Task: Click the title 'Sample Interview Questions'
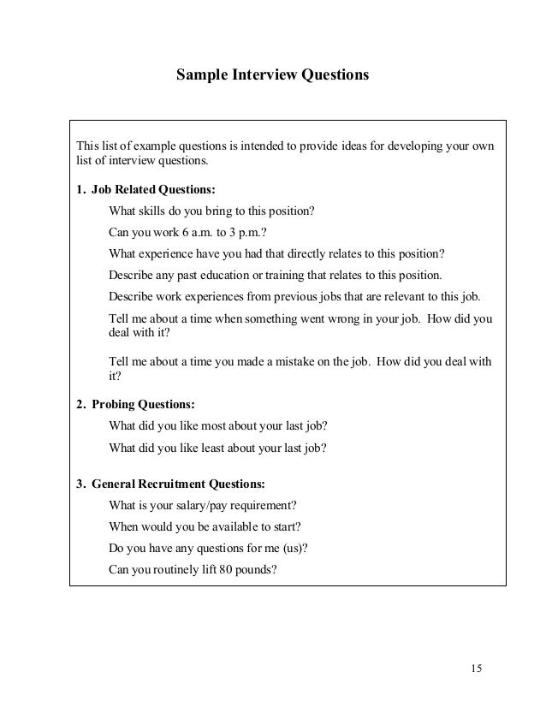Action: click(x=272, y=75)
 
